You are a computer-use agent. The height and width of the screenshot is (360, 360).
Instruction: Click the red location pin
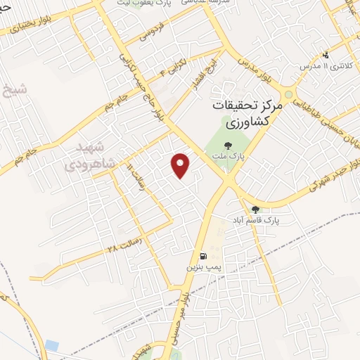pos(181,165)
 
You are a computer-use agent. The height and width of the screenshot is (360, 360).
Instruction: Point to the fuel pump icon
pos(203,257)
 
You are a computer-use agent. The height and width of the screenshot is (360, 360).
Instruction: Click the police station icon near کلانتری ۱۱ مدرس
pos(325,55)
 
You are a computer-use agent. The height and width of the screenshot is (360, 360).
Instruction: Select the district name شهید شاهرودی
pos(89,157)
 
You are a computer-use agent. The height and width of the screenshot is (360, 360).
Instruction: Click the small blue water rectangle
pos(52,345)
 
